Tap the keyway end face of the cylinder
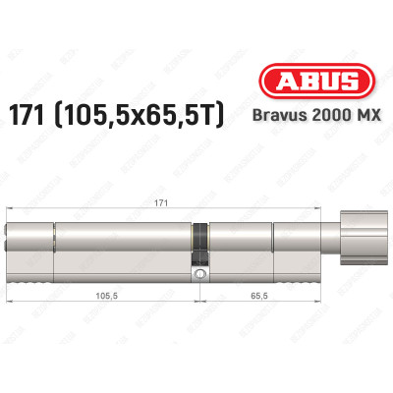10,241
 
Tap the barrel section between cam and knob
260,241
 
